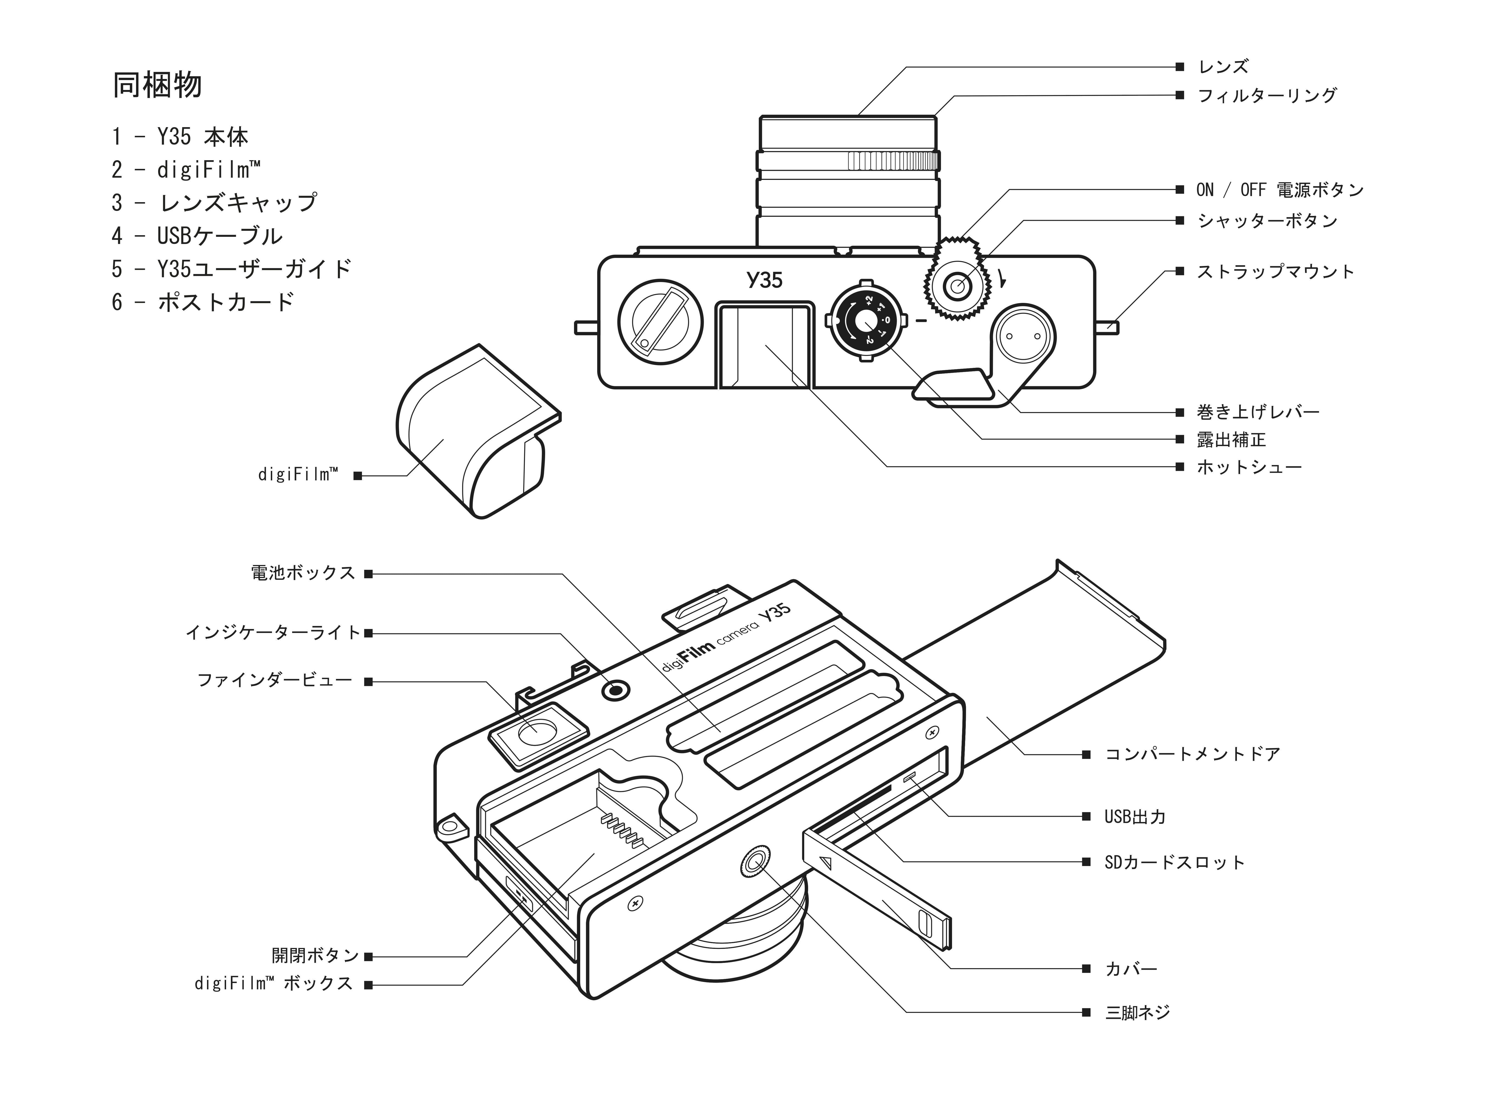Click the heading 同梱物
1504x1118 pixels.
(157, 85)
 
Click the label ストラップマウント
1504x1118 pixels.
(1275, 272)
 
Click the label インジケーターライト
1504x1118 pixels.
(273, 633)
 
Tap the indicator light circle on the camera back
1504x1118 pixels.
(615, 691)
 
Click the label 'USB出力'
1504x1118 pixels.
(1135, 817)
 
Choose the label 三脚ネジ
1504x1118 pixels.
(1137, 1012)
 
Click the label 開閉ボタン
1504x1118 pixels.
(315, 956)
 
